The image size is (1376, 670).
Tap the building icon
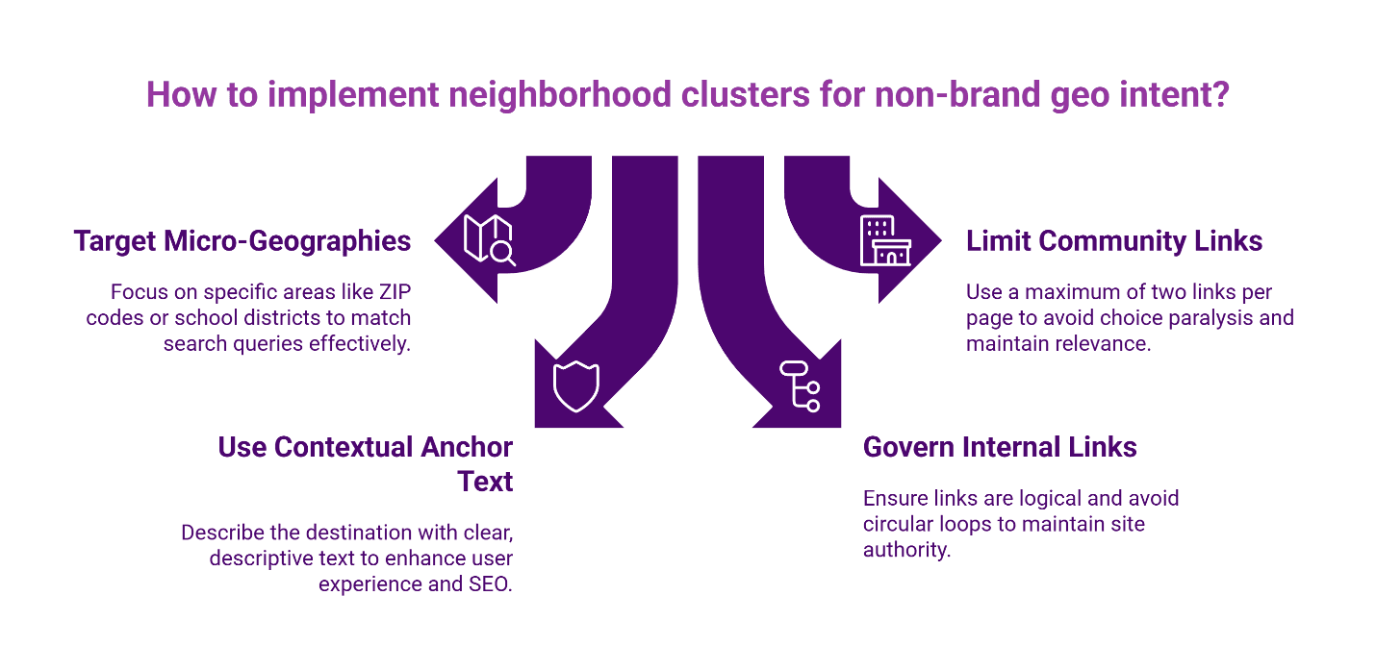[884, 240]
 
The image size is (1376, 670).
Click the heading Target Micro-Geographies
[242, 240]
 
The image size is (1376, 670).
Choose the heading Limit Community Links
[1114, 240]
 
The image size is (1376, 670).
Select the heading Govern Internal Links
[1000, 447]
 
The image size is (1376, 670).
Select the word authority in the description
[906, 551]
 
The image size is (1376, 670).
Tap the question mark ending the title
[1221, 96]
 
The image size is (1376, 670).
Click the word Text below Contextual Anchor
[485, 481]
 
